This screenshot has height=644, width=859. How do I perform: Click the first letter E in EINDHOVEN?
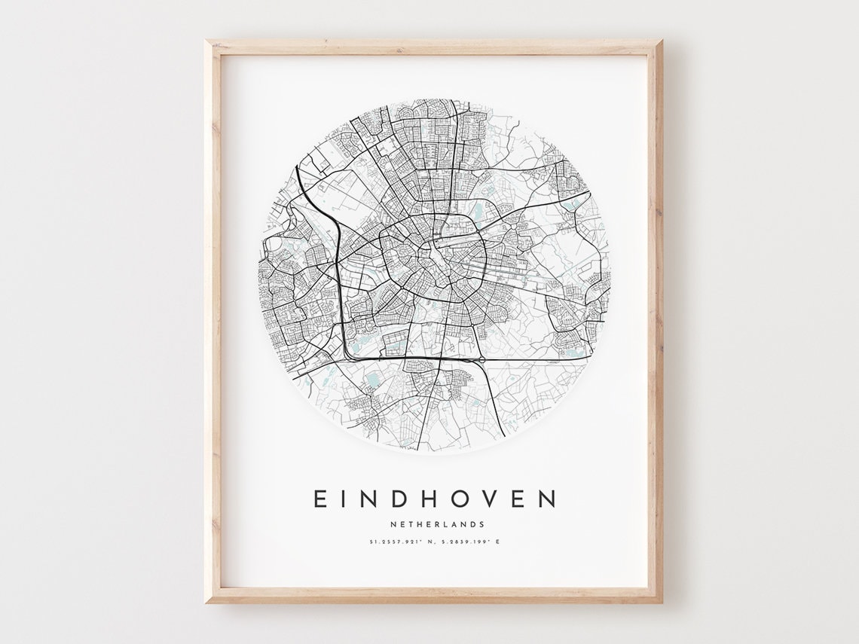[319, 499]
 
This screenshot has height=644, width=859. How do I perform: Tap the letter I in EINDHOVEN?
[346, 499]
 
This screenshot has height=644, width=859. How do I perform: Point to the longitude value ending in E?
[467, 542]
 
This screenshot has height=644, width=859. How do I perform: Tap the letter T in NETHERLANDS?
[408, 524]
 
